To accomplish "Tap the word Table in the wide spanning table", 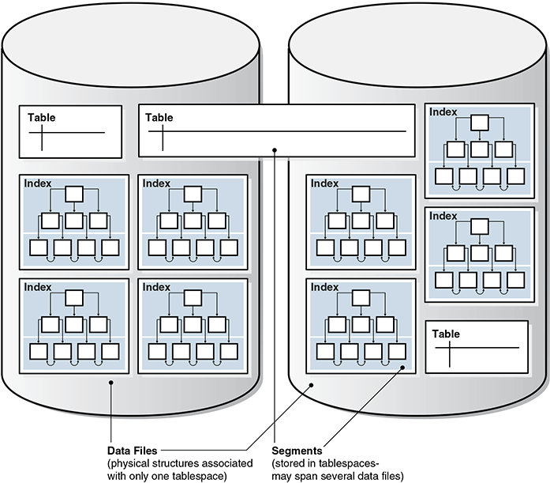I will [159, 118].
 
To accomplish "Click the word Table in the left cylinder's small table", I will [42, 118].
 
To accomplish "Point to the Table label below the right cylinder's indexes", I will [447, 334].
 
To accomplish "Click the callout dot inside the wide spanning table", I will [274, 149].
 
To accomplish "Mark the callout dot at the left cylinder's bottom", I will [112, 384].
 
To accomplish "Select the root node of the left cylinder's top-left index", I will [73, 194].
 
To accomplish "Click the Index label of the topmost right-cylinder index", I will [443, 112].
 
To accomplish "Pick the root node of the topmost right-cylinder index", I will [480, 123].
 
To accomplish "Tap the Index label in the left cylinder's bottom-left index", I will [38, 287].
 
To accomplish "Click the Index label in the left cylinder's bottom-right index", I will [156, 287].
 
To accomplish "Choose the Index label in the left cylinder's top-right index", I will [156, 183].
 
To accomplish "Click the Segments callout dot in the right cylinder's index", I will [403, 368].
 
